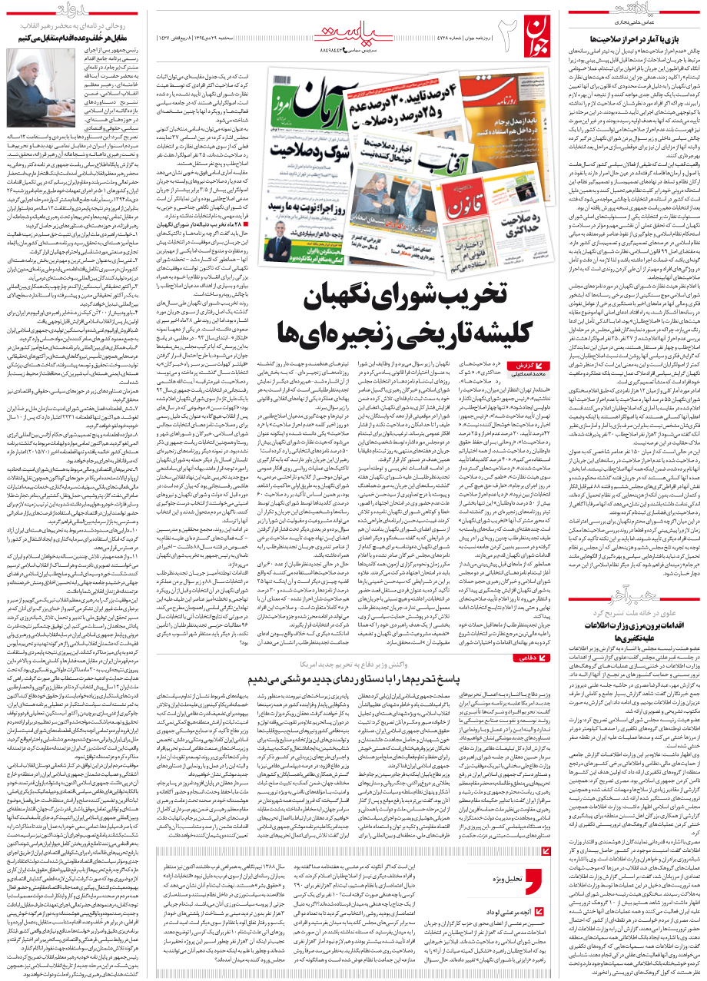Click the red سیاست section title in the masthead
coord(350,29)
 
